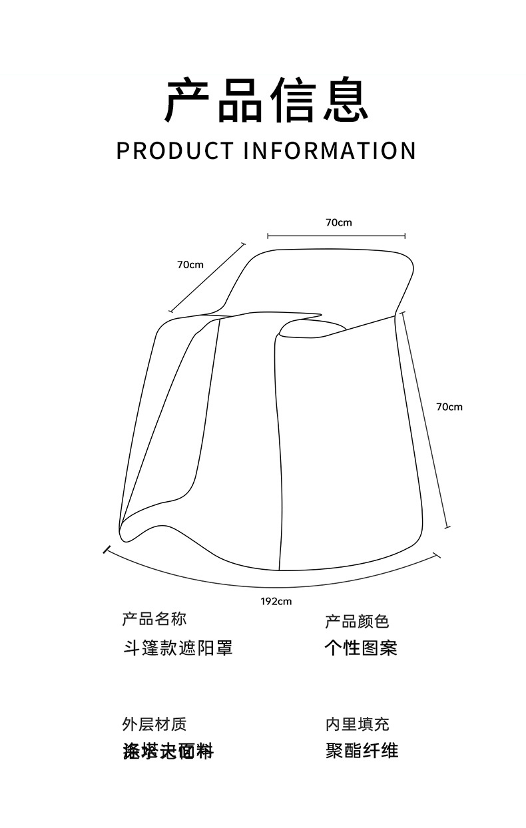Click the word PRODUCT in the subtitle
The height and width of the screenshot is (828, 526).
point(174,150)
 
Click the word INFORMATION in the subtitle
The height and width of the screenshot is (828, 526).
point(329,150)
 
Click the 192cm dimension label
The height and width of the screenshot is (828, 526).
point(276,602)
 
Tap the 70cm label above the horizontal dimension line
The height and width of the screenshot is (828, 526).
point(338,222)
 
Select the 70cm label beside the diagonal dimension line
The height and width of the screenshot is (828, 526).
point(190,265)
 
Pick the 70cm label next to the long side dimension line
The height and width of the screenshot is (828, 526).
point(449,407)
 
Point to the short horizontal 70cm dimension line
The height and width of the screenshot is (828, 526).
point(336,236)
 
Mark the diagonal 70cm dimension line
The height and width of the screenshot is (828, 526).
point(207,278)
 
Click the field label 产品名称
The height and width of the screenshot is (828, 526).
point(154,619)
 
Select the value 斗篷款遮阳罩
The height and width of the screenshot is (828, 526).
point(178,648)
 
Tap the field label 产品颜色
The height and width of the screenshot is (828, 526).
point(357,621)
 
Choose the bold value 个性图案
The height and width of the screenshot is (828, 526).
point(361,648)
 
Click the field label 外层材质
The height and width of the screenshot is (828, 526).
point(154,724)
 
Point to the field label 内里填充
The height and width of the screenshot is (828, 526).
point(357,724)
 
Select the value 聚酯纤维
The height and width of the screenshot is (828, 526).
point(362,751)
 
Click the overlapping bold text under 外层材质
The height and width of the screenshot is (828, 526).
point(168,751)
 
